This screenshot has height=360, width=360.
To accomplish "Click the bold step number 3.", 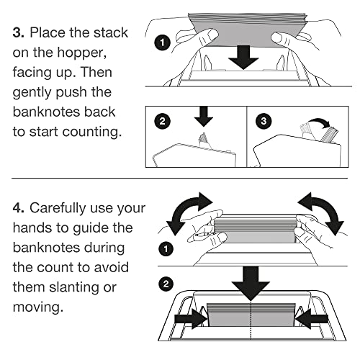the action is [x=18, y=32].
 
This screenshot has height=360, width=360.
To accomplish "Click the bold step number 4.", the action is [x=19, y=208].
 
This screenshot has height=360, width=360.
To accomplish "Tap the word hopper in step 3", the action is [x=81, y=53].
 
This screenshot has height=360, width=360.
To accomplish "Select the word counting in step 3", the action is [x=92, y=132].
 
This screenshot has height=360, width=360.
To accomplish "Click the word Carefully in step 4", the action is [x=58, y=209].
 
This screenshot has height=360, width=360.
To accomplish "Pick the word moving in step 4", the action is [x=38, y=307].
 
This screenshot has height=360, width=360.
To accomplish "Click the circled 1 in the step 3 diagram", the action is [x=162, y=43].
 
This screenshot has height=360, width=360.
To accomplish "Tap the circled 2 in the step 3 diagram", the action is [x=162, y=121].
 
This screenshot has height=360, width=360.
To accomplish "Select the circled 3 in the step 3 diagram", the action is [x=264, y=121].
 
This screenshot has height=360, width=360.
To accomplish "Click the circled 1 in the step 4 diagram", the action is [x=166, y=248].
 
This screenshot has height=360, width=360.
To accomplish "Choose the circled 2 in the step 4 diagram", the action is [x=166, y=284].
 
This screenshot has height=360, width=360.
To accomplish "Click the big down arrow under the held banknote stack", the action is [x=243, y=58].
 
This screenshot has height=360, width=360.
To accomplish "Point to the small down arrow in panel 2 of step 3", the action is [x=204, y=117].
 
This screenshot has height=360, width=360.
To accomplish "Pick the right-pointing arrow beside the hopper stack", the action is [x=191, y=319].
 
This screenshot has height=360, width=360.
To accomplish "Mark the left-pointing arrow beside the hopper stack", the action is [x=311, y=319].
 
